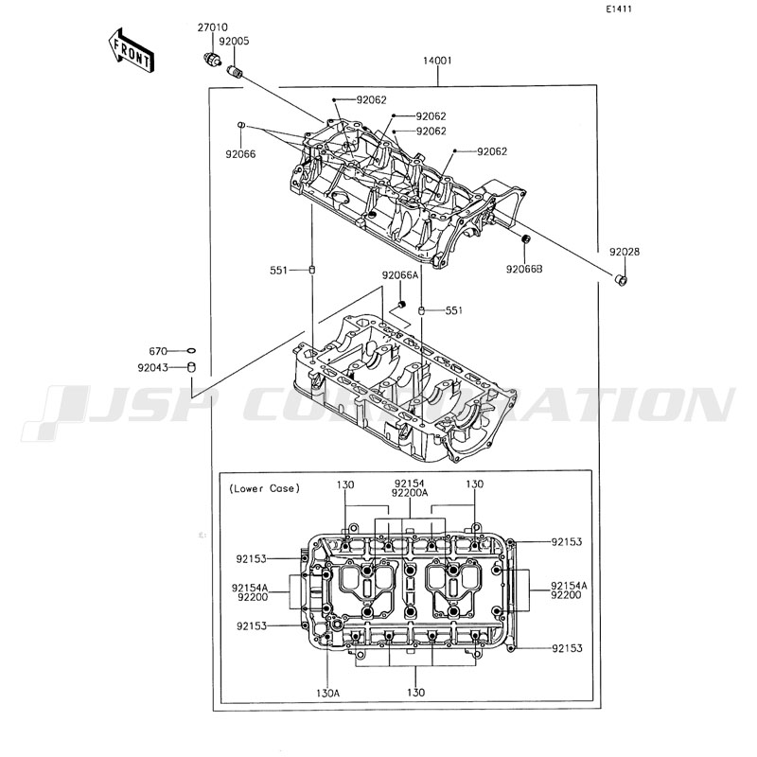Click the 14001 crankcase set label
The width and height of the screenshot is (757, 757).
click(436, 62)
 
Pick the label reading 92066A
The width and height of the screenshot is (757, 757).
click(400, 275)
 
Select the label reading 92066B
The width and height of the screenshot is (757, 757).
click(524, 270)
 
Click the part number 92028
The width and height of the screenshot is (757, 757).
click(624, 253)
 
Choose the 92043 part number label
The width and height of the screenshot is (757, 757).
click(153, 367)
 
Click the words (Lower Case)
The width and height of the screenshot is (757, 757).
click(264, 488)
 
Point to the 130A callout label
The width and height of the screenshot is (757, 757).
click(327, 693)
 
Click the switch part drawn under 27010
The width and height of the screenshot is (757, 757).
click(213, 60)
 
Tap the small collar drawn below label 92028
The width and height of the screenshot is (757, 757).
click(620, 280)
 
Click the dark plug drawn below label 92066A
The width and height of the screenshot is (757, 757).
click(401, 304)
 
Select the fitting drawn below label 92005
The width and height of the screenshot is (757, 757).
click(237, 73)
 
